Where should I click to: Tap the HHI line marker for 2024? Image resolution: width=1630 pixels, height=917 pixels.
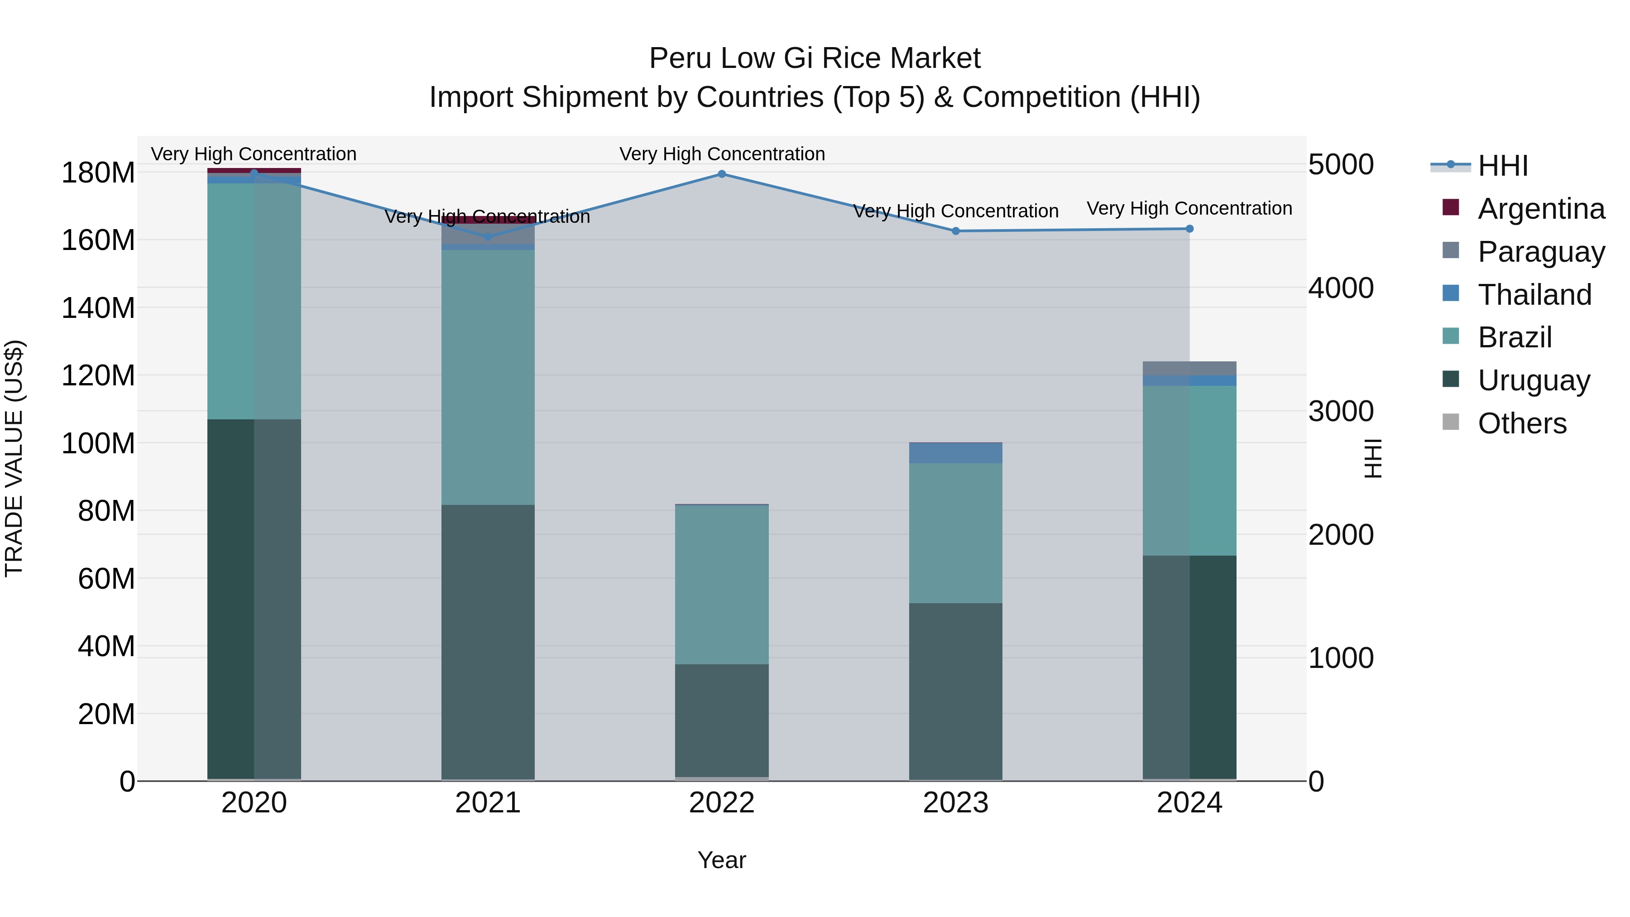tap(1189, 229)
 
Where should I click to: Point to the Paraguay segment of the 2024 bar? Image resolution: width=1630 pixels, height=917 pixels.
tap(1189, 368)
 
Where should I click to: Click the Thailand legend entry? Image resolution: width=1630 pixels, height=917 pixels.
tap(1534, 295)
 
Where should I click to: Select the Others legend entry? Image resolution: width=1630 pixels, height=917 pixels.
tap(1521, 423)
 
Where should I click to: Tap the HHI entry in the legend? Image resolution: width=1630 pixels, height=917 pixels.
tap(1502, 166)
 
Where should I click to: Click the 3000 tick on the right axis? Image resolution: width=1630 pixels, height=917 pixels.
tap(1341, 411)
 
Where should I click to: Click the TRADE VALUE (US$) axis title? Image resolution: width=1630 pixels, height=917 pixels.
tap(14, 458)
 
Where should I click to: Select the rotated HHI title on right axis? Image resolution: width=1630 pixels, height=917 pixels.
tap(1372, 458)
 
